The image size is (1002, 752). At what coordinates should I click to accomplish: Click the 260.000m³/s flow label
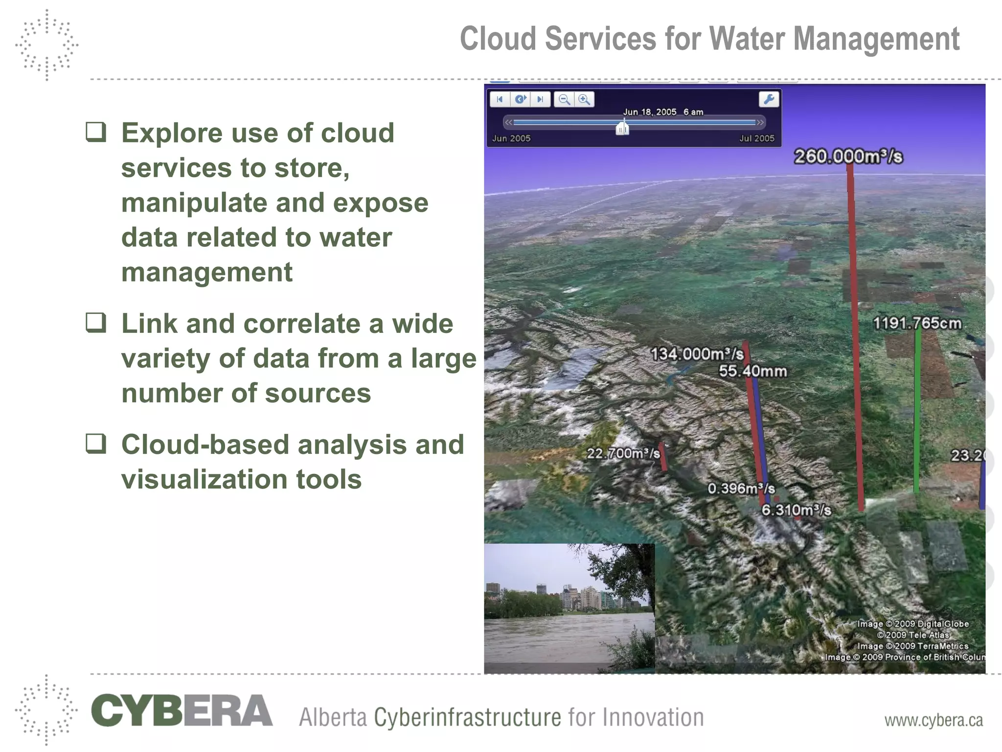tap(848, 157)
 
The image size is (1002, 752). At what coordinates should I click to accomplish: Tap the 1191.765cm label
tap(917, 324)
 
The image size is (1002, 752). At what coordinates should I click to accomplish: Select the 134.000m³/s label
tap(697, 354)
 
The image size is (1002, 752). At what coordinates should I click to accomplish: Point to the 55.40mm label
tap(752, 371)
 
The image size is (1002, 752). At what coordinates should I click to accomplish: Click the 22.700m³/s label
tap(623, 453)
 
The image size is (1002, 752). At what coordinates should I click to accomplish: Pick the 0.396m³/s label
tap(741, 489)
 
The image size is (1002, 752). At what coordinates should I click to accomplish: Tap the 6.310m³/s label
tap(796, 510)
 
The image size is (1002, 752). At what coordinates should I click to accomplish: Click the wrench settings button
tap(769, 99)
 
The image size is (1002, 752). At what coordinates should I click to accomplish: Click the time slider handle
tap(622, 128)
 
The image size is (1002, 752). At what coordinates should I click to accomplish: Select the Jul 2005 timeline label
tap(756, 139)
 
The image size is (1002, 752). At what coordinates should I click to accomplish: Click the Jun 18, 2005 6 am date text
tap(663, 112)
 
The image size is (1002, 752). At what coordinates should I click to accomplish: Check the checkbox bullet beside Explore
tap(96, 132)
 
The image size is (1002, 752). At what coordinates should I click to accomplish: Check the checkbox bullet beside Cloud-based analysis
tap(96, 443)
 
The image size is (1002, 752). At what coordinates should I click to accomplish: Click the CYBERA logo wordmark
tap(182, 710)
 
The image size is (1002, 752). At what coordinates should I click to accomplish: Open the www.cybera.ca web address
tap(933, 720)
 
